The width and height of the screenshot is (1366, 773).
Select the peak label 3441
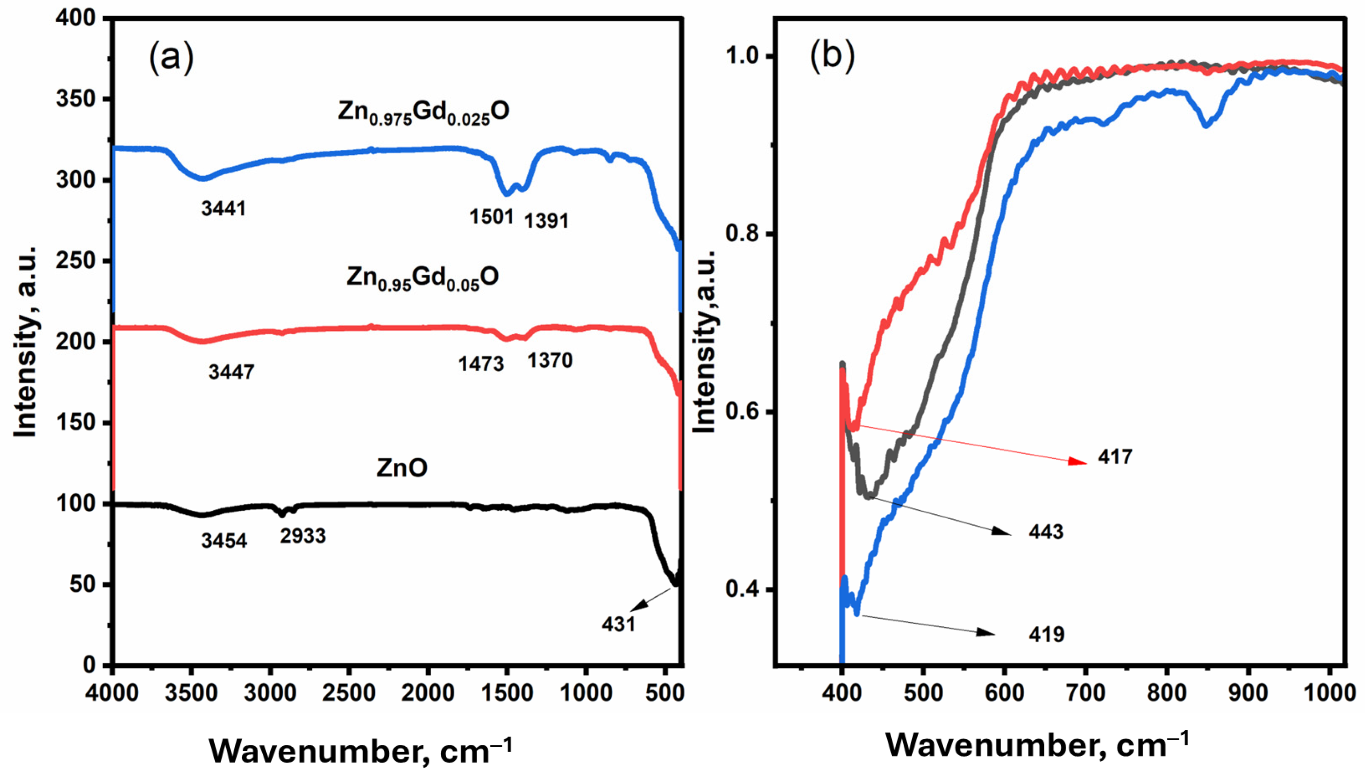[224, 208]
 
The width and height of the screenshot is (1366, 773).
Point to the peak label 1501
[492, 216]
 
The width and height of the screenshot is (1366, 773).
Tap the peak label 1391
[546, 221]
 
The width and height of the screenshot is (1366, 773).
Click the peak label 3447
[231, 372]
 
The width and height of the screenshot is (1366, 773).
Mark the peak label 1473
[481, 364]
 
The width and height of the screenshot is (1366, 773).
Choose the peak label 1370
[550, 361]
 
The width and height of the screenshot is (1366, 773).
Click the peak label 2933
[303, 536]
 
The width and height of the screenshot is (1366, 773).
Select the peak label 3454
[224, 541]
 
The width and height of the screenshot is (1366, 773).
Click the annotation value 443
[1046, 532]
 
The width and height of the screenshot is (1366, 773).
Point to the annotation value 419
[1046, 634]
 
